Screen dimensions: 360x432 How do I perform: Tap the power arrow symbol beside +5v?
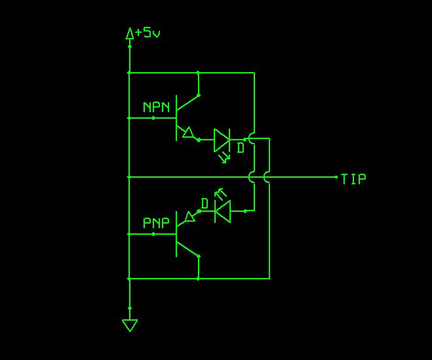(x=130, y=33)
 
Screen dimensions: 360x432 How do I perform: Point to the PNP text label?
(x=156, y=223)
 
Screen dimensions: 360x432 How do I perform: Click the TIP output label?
(x=354, y=178)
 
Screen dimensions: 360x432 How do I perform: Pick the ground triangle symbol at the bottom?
(x=130, y=325)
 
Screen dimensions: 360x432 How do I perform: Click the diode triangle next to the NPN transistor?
(x=222, y=140)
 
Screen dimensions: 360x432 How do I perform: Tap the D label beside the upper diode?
(x=241, y=149)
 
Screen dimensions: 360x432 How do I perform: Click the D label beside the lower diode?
(x=205, y=204)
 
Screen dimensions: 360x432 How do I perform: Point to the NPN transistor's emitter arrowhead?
(x=189, y=133)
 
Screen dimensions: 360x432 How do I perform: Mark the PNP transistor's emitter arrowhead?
(x=190, y=216)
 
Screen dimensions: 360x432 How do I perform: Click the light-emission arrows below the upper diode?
(x=225, y=157)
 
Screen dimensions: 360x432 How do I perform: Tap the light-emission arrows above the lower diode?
(x=221, y=193)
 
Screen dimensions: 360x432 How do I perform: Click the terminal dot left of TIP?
(x=336, y=177)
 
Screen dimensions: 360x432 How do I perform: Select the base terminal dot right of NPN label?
(x=153, y=118)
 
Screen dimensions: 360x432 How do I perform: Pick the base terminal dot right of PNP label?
(x=153, y=233)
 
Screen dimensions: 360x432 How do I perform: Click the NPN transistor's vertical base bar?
(x=176, y=118)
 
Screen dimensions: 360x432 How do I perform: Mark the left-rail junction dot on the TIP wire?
(x=130, y=177)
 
